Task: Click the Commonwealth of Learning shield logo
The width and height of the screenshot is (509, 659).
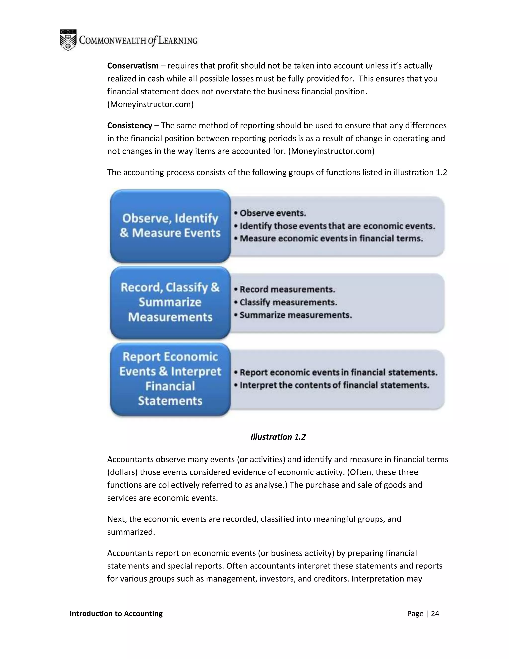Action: [68, 40]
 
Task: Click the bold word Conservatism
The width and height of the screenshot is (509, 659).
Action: [133, 66]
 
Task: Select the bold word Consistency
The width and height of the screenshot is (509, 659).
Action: [130, 126]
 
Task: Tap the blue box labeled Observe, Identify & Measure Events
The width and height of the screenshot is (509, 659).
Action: [170, 226]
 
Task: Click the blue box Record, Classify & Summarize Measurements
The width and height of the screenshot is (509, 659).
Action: [170, 302]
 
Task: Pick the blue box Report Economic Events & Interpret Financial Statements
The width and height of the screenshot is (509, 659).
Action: [170, 379]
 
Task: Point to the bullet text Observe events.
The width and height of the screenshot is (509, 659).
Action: [273, 213]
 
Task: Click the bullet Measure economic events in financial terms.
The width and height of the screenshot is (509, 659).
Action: [331, 239]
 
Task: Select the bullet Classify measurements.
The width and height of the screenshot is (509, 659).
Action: [288, 302]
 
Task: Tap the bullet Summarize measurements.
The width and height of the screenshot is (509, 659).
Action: [296, 315]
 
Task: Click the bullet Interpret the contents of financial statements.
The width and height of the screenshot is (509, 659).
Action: [334, 385]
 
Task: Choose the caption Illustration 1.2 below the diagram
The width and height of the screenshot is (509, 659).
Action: [278, 437]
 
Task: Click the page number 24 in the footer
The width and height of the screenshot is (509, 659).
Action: [435, 614]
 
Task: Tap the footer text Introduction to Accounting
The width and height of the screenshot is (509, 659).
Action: [116, 614]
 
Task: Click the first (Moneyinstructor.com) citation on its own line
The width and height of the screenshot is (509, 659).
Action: [150, 104]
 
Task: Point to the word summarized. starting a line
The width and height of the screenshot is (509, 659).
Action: [131, 532]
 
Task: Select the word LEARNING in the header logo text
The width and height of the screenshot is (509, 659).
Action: [178, 41]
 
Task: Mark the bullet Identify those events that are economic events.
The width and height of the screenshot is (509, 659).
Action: [337, 226]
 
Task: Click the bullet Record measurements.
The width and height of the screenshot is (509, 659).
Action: [287, 290]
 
